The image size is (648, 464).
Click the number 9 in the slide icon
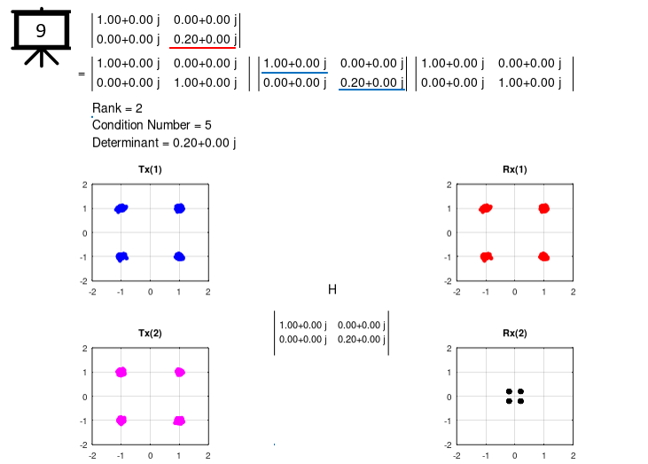[x=41, y=31]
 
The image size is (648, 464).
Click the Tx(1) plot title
[x=150, y=169]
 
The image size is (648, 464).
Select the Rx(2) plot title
[x=514, y=334]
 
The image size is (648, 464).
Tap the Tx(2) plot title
[x=150, y=334]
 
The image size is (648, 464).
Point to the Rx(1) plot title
[x=514, y=169]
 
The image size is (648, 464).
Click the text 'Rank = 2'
[x=117, y=108]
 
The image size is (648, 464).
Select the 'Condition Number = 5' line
[x=152, y=125]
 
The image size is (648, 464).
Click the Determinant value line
[x=164, y=142]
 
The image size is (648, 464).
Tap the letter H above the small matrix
[x=332, y=289]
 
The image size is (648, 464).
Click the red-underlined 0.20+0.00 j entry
[x=204, y=39]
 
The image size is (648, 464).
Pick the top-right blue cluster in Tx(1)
[x=179, y=208]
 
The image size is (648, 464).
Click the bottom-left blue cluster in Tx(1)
[x=121, y=256]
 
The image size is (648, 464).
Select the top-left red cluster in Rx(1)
[x=485, y=208]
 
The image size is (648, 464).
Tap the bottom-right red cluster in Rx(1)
[x=543, y=256]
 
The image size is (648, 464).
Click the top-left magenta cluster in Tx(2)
[x=121, y=373]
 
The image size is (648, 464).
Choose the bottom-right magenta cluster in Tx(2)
[x=179, y=420]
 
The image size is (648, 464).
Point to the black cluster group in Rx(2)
[x=514, y=396]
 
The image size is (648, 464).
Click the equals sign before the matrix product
[x=82, y=75]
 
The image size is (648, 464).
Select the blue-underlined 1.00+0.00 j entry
[x=294, y=64]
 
